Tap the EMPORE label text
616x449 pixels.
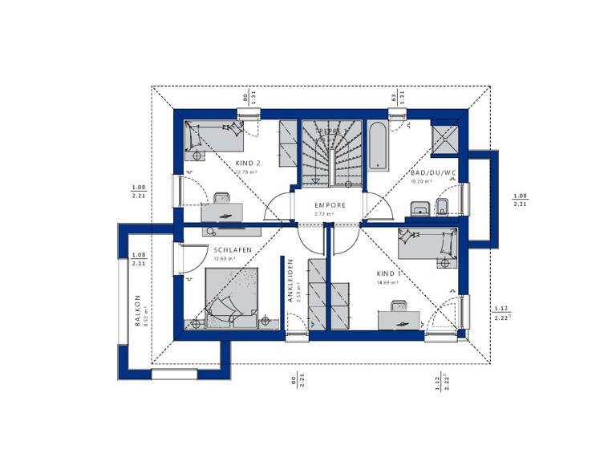330,205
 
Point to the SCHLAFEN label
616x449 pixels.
233,250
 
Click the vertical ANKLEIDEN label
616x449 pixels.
290,279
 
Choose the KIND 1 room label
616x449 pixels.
389,273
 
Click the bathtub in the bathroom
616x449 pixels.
376,144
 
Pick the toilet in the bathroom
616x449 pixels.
442,208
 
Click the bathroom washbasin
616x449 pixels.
418,210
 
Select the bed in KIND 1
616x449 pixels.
428,243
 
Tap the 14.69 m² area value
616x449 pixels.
388,282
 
